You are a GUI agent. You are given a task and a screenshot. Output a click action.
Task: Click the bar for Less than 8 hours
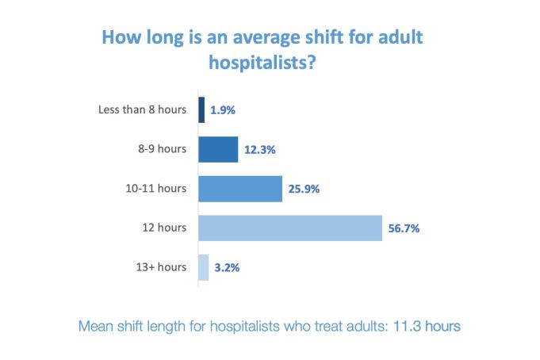201,109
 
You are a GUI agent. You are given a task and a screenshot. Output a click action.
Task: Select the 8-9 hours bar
218,149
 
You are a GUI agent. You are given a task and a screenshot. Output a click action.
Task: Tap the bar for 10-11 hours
240,189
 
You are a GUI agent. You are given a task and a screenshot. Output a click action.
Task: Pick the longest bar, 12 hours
290,228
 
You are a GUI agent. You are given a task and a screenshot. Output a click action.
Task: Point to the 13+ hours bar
204,267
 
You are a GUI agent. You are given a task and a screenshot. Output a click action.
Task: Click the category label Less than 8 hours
143,109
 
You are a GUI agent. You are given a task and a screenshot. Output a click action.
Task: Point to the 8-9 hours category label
162,149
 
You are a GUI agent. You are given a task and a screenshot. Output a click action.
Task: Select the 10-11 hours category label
157,189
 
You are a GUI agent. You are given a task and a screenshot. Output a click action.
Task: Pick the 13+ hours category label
162,267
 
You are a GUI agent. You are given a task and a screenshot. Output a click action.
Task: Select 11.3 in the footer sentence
406,326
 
